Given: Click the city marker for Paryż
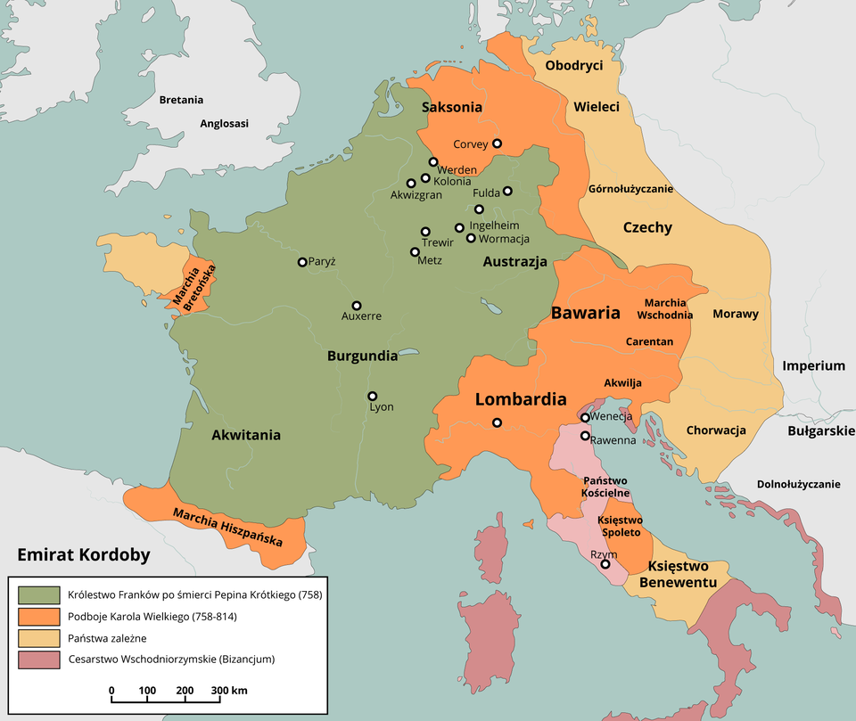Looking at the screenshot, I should pos(302,262).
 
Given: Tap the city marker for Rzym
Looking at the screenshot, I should pos(605,564).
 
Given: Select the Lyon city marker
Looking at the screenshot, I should pos(373,396).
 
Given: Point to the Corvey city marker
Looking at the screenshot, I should pos(498,143).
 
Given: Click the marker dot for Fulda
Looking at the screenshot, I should pos(507,191).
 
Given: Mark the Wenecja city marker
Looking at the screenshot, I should pos(585,417).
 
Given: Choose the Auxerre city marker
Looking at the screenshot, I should pos(357,305).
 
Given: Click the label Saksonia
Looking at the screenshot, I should pos(452,107).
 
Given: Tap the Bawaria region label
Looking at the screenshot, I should pos(585,313).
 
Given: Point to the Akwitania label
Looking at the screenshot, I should pos(246,435).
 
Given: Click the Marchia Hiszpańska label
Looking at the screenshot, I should pos(228,528).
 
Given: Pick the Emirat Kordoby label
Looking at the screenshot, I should pos(84,554).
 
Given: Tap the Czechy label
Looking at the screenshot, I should pos(647,227).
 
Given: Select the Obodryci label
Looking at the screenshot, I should pos(574,66).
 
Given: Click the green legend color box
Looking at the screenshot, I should pos(38,594).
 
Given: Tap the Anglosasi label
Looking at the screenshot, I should pos(225,124).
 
